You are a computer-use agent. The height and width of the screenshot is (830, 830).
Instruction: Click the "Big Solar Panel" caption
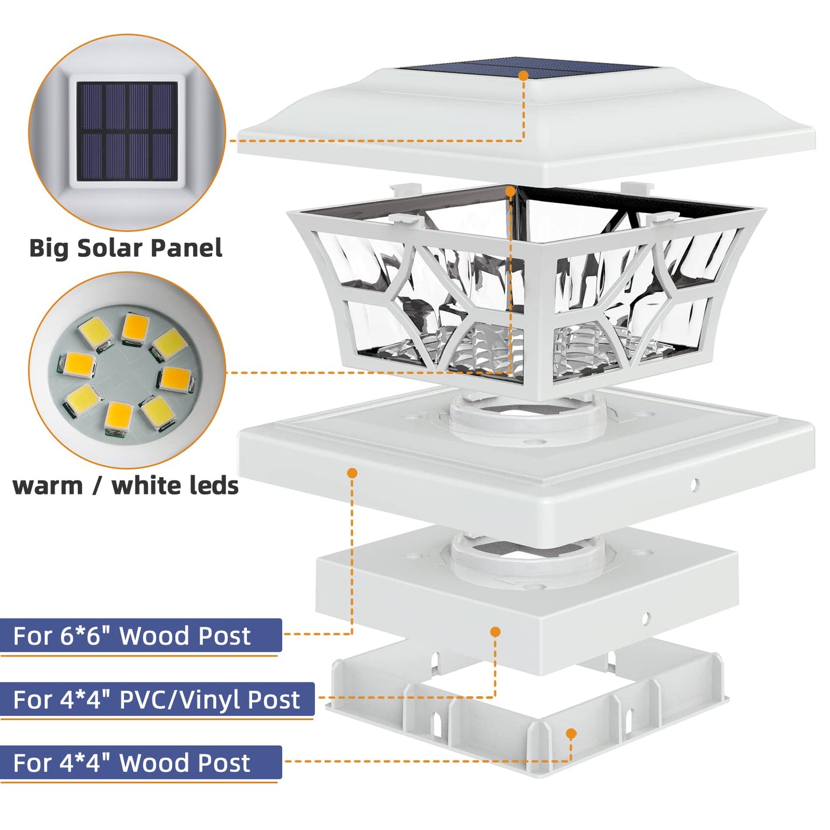pyautogui.click(x=126, y=248)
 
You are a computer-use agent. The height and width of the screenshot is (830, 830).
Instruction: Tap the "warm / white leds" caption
pyautogui.click(x=125, y=486)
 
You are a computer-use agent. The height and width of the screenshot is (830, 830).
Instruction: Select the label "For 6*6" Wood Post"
pyautogui.click(x=132, y=636)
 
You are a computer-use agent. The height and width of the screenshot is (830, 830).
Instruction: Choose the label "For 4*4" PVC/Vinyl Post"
pyautogui.click(x=156, y=700)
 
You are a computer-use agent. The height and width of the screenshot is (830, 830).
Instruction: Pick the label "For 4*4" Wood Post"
pyautogui.click(x=132, y=763)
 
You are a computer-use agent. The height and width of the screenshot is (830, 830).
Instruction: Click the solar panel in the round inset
pyautogui.click(x=127, y=132)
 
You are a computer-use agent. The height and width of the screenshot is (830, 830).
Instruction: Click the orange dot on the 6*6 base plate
pyautogui.click(x=352, y=473)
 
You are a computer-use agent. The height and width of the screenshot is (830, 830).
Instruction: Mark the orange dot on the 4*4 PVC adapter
pyautogui.click(x=496, y=632)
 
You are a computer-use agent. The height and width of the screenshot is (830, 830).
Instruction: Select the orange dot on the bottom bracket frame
pyautogui.click(x=571, y=734)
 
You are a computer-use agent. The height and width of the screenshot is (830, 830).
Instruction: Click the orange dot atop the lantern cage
pyautogui.click(x=511, y=191)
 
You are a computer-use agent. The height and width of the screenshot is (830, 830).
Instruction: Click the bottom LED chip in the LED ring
pyautogui.click(x=118, y=418)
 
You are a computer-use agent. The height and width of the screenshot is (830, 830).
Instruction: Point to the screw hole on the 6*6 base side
pyautogui.click(x=694, y=485)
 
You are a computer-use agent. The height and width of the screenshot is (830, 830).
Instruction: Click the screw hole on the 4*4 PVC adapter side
pyautogui.click(x=645, y=619)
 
